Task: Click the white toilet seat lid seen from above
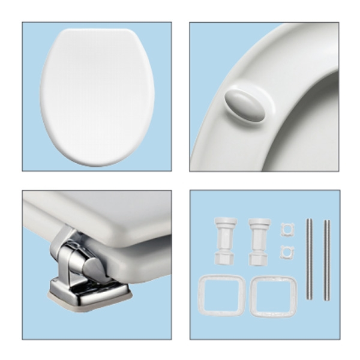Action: (x=97, y=96)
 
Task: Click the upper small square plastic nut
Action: (x=287, y=230)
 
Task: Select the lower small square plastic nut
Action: (x=286, y=251)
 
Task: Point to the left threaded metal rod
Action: (x=310, y=258)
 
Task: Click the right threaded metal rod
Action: (x=327, y=258)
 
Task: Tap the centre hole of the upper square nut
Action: (x=287, y=230)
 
